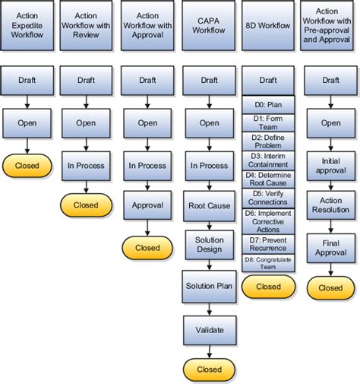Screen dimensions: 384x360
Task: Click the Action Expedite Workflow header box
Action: coord(27,26)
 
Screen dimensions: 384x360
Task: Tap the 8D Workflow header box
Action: coord(268,26)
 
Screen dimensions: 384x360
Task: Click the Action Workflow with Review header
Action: coord(86,26)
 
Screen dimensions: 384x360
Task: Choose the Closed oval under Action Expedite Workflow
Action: coord(27,164)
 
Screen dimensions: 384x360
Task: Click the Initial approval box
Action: coord(330,165)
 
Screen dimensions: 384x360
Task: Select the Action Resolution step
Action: coord(330,205)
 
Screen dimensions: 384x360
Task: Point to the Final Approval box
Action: coord(330,248)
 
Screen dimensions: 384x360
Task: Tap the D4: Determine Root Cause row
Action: coord(268,179)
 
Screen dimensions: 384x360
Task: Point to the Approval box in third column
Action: coord(147,205)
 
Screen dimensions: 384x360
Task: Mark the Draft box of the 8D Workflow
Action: coord(268,80)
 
